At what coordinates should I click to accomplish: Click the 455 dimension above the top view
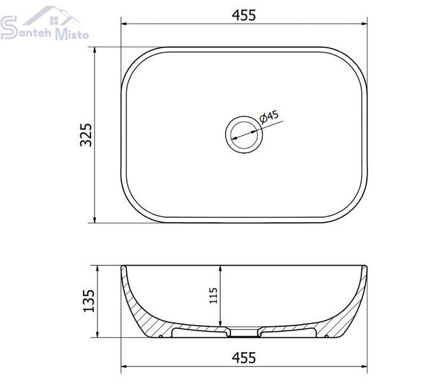coord(244,15)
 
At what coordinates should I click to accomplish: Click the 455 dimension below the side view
coord(244,357)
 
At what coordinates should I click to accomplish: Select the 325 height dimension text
coord(86,135)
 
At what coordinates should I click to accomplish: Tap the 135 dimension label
coord(89,301)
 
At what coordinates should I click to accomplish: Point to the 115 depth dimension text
coord(213,296)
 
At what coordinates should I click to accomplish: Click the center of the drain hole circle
coord(244,134)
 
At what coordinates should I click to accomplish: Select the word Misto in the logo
coord(71,33)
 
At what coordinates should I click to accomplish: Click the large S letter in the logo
coord(9,27)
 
